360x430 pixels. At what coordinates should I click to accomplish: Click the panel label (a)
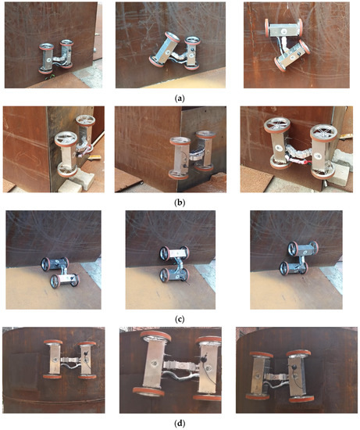coord(180,99)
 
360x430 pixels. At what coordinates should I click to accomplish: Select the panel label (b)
coord(180,202)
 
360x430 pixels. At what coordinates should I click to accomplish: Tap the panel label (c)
coord(180,319)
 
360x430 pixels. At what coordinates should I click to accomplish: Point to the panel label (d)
coord(180,423)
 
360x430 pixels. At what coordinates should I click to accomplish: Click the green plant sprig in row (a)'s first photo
coord(50,77)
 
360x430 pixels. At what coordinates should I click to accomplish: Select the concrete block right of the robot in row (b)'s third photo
coord(341,167)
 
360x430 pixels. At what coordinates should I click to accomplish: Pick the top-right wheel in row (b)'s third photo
coord(323,133)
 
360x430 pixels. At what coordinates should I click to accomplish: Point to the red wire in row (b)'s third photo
coord(298,161)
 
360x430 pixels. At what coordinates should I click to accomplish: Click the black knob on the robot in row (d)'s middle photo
coord(204,358)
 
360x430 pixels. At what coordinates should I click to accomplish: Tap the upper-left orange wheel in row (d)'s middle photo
coord(155,336)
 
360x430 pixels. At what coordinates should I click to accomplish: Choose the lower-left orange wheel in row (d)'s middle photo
coord(148,392)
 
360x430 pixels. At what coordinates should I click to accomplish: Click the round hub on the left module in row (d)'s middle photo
coord(153,364)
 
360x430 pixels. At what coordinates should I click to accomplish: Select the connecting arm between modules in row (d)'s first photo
coord(70,360)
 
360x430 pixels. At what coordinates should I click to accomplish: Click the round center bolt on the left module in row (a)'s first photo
coord(49,59)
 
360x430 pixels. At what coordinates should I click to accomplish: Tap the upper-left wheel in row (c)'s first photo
coord(45,264)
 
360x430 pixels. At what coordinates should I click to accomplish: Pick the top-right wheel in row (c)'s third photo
coord(314,247)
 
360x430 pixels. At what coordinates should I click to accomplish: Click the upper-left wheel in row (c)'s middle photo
coord(164,253)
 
